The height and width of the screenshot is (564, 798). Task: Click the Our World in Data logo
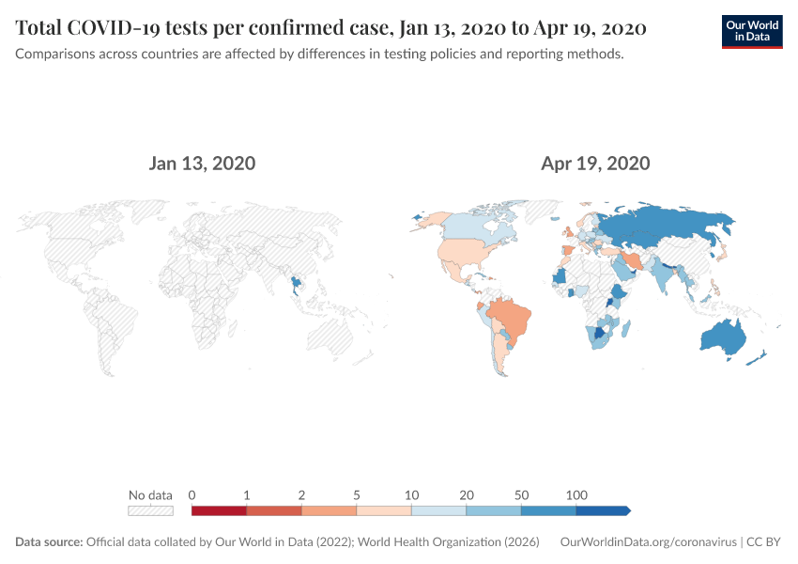pyautogui.click(x=751, y=31)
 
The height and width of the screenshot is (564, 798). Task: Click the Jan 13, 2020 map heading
pyautogui.click(x=202, y=164)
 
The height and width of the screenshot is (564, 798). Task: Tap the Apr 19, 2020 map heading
pyautogui.click(x=595, y=164)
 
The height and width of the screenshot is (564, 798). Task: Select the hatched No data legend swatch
pyautogui.click(x=150, y=510)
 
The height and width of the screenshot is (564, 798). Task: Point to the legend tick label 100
pyautogui.click(x=576, y=495)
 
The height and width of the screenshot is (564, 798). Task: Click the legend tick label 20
pyautogui.click(x=467, y=495)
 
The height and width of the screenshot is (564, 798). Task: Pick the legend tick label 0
pyautogui.click(x=192, y=495)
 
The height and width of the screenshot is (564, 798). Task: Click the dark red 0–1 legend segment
pyautogui.click(x=219, y=510)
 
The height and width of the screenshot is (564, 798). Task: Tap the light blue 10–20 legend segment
pyautogui.click(x=439, y=510)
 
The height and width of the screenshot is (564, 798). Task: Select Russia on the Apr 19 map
pyautogui.click(x=657, y=226)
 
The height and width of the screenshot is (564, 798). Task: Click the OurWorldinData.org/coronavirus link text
pyautogui.click(x=647, y=542)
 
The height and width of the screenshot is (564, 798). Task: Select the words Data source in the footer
pyautogui.click(x=49, y=542)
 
